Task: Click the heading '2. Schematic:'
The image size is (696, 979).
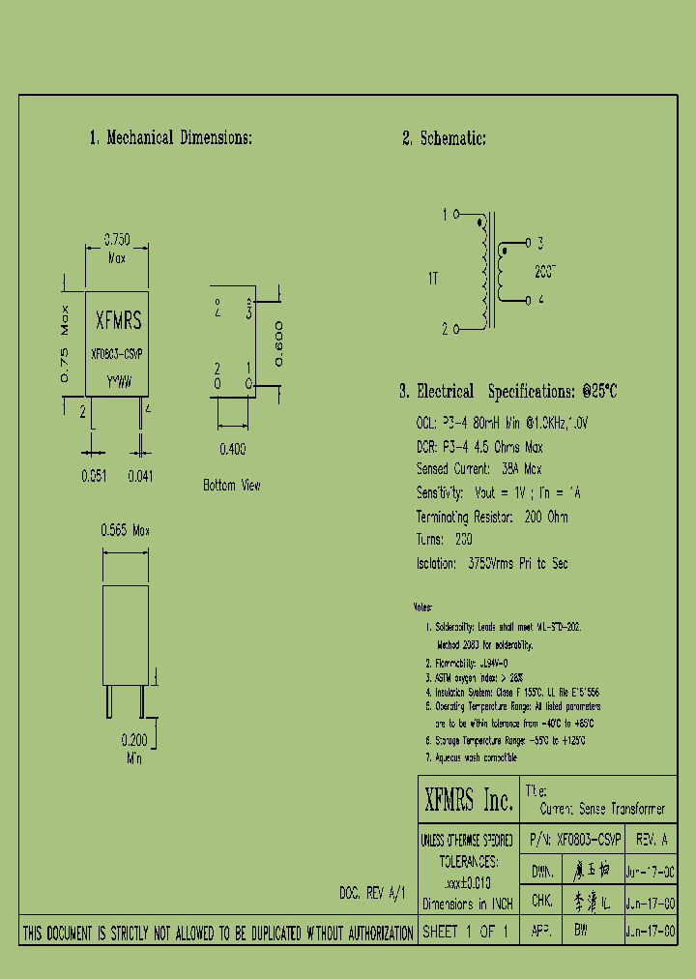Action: click(444, 138)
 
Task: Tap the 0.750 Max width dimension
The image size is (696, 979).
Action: click(117, 248)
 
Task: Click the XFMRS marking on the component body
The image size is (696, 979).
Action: click(118, 321)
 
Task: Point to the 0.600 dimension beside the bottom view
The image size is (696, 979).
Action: click(278, 342)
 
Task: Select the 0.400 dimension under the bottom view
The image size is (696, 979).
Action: click(232, 448)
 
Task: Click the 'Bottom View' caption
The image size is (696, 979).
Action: click(232, 485)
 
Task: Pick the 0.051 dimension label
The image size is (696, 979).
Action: click(92, 475)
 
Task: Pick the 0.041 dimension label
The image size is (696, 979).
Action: click(141, 475)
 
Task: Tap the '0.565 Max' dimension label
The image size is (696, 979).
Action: click(126, 530)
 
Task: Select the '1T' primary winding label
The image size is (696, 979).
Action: click(433, 278)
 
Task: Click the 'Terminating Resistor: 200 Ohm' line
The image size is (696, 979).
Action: click(492, 516)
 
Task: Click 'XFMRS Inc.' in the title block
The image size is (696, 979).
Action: click(469, 800)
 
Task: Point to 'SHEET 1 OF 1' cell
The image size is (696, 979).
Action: click(466, 933)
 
